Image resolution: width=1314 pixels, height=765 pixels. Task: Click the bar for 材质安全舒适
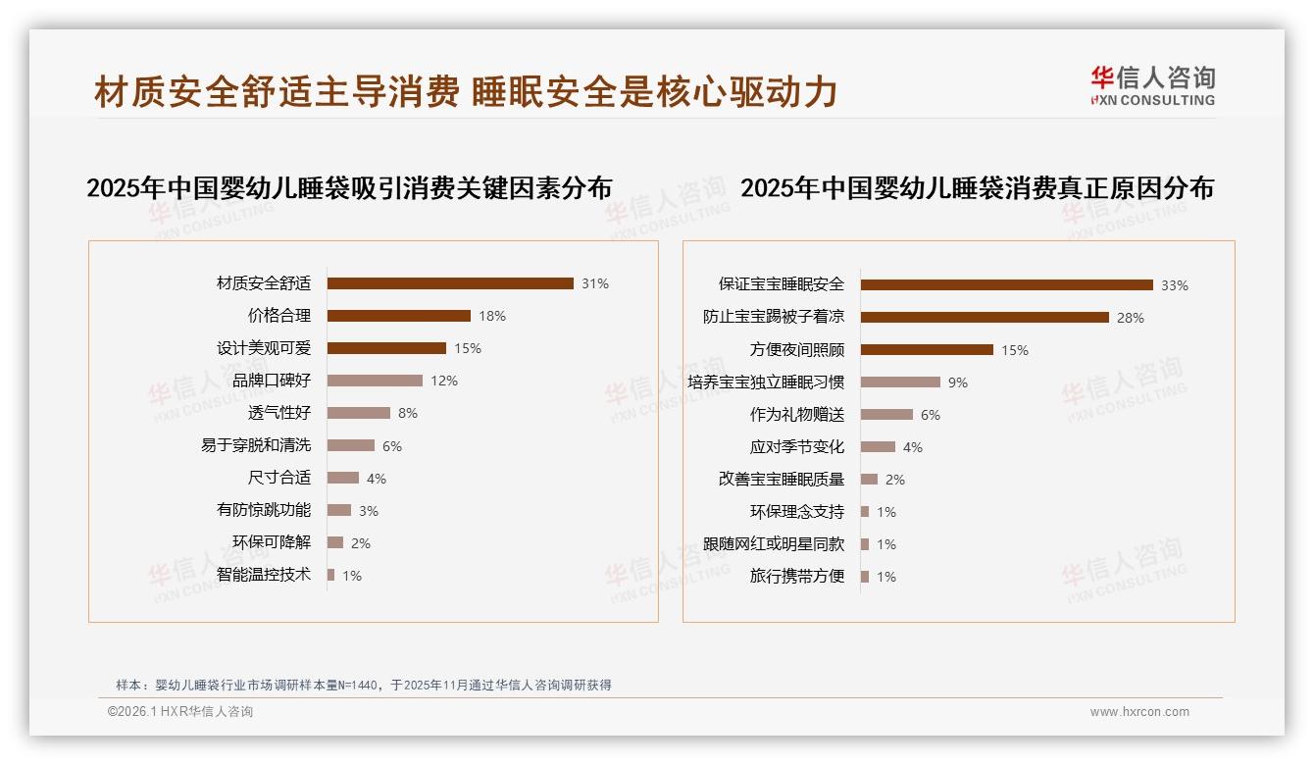pos(450,283)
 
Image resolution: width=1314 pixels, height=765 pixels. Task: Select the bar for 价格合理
pos(398,316)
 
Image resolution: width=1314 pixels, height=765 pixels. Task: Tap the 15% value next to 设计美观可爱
pos(468,348)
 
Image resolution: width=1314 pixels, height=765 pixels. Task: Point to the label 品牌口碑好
pos(272,381)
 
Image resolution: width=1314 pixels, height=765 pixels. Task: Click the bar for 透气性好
pos(358,413)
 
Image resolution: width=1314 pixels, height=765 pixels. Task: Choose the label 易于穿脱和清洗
pos(256,445)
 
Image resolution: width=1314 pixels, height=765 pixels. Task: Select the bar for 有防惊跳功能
pos(339,510)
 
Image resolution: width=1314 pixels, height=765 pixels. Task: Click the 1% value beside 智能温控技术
pos(352,576)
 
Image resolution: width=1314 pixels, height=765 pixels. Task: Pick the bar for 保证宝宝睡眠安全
pos(1006,285)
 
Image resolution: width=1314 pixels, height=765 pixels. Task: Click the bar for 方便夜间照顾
pos(927,350)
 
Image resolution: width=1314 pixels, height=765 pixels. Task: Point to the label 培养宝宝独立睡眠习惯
pos(766,382)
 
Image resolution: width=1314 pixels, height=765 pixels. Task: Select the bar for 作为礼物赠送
pos(886,415)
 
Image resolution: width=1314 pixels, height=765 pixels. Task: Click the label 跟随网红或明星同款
pos(774,544)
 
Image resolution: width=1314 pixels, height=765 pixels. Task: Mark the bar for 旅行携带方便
pos(865,577)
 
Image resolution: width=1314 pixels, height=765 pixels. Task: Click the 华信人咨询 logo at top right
pos(1152,85)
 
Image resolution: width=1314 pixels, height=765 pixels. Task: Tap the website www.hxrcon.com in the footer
pos(1139,712)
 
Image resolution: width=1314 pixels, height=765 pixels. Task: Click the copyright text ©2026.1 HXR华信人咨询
pos(180,712)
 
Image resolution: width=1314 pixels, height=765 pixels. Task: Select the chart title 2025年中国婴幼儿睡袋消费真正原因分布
pos(977,188)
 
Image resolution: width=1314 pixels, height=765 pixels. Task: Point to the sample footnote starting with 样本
pos(364,685)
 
